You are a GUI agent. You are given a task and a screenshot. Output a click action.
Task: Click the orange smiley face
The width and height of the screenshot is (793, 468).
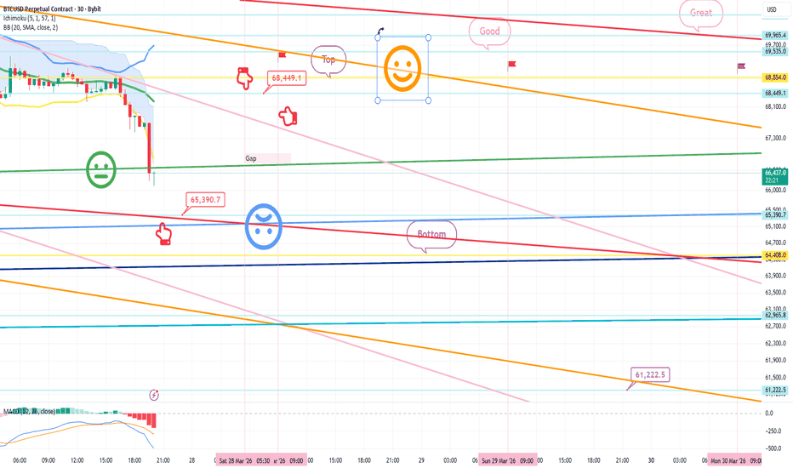(402, 68)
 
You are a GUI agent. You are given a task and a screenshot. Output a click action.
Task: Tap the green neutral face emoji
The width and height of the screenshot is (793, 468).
(101, 170)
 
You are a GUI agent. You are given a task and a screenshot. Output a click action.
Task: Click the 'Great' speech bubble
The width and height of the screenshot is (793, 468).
(701, 14)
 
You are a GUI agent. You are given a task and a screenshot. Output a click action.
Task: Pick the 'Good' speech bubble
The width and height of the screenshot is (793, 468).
(489, 31)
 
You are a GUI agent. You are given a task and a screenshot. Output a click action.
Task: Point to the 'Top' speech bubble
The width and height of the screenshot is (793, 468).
(328, 60)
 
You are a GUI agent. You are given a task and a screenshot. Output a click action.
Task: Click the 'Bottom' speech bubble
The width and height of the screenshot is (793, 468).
(431, 234)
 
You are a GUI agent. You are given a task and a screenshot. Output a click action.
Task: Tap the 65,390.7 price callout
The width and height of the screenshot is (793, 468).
(204, 201)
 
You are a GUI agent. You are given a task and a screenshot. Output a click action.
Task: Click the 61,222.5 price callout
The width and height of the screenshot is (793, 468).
(650, 374)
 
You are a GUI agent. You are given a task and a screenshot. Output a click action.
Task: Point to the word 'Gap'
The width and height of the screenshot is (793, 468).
(251, 158)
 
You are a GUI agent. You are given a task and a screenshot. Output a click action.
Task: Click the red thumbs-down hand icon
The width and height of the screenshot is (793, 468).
(245, 79)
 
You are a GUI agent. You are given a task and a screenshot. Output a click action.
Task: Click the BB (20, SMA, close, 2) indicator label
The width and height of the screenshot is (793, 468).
(43, 28)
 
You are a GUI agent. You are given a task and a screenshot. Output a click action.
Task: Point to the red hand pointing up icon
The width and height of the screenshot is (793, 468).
(163, 233)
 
